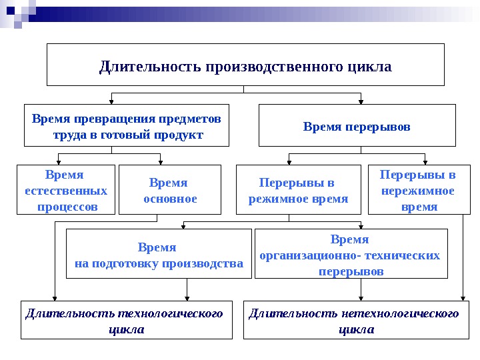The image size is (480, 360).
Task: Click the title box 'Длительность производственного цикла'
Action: [245, 65]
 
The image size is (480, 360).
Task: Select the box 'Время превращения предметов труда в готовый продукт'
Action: [127, 125]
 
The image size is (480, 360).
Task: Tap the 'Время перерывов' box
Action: [357, 125]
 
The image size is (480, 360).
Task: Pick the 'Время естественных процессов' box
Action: [65, 189]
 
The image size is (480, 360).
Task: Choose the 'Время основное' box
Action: [169, 189]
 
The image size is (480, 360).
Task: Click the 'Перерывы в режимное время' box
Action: [297, 189]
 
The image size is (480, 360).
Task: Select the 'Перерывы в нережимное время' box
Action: [417, 189]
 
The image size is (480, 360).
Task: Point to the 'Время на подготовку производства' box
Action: [159, 254]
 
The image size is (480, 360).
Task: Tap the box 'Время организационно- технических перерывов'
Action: [351, 254]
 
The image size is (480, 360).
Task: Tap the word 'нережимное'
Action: [418, 191]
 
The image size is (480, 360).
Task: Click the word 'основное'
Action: [171, 199]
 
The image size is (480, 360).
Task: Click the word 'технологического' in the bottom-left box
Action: [169, 313]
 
